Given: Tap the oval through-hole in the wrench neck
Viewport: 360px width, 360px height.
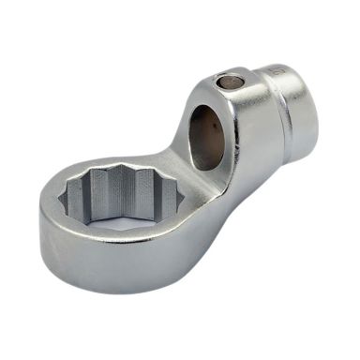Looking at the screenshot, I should click(x=207, y=137).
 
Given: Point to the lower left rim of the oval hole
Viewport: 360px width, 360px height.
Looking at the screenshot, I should click(x=196, y=159).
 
